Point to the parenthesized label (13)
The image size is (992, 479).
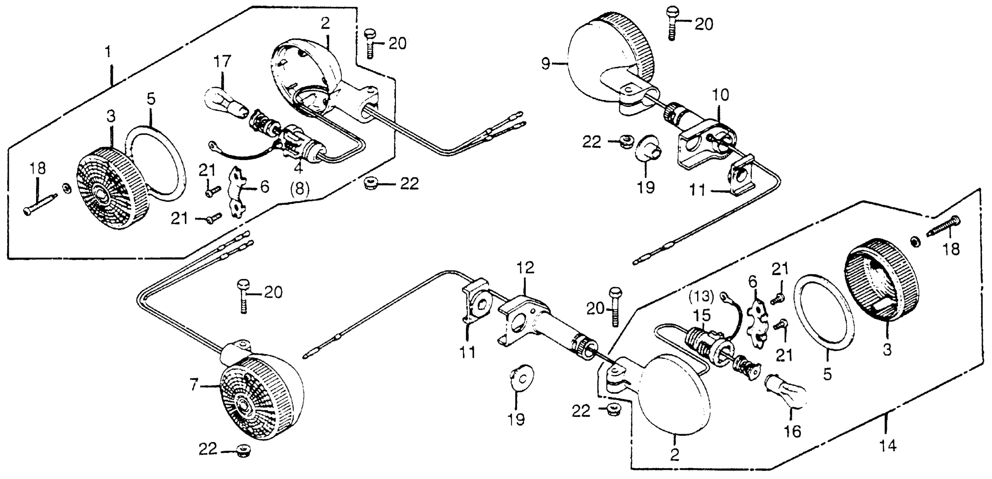(x=701, y=297)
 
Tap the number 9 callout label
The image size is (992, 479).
(x=546, y=64)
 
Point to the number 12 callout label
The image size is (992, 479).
(x=526, y=267)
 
